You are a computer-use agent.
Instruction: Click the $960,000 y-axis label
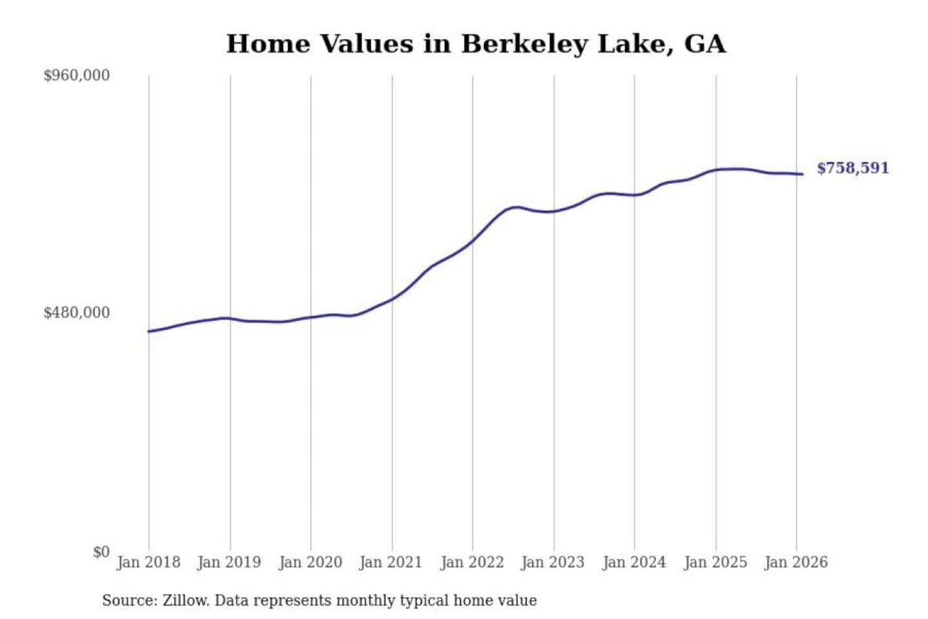click(x=77, y=75)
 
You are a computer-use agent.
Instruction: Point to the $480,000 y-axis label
click(x=77, y=313)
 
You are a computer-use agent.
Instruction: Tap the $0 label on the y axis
click(x=101, y=552)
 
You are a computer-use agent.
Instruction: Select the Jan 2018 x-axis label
click(x=149, y=562)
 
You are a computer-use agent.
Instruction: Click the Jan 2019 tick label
click(x=229, y=562)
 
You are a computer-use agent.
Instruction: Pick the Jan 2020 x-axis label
click(x=311, y=562)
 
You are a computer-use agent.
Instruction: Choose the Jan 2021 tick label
click(x=391, y=562)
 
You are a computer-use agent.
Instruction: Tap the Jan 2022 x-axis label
click(x=472, y=562)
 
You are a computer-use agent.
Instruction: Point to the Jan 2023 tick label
click(x=553, y=562)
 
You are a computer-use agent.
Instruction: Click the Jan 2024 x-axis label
click(x=634, y=562)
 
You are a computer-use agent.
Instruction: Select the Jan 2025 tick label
click(x=715, y=562)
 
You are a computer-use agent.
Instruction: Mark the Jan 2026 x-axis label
click(x=796, y=562)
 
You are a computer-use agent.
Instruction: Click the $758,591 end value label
click(x=853, y=168)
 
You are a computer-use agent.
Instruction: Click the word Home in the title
click(x=268, y=44)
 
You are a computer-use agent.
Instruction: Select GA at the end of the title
click(x=704, y=44)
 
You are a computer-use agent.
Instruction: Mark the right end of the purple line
click(x=802, y=174)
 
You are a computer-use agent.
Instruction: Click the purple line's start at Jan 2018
click(x=149, y=331)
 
